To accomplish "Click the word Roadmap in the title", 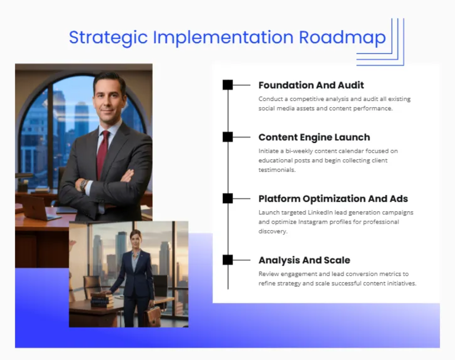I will [342, 37].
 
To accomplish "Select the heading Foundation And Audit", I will [311, 85].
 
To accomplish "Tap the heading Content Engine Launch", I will [314, 137].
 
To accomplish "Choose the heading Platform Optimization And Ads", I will [333, 199].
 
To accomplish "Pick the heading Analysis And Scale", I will [304, 260].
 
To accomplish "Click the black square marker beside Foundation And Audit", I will [227, 85].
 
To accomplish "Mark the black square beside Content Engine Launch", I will [227, 137].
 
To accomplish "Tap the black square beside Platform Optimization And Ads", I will [227, 198].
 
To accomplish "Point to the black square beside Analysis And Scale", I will [227, 260].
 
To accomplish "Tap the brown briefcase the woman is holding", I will [153, 316].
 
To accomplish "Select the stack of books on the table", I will [102, 299].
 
